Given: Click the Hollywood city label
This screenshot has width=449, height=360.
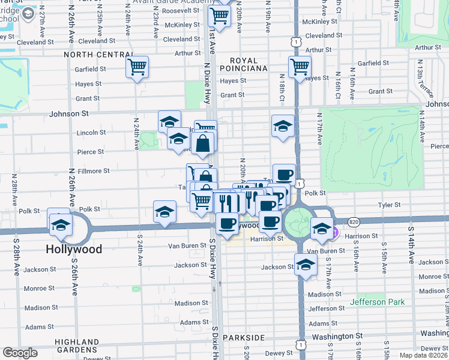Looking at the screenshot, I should pos(75,248).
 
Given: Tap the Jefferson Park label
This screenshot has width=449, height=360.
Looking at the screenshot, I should pos(377,302).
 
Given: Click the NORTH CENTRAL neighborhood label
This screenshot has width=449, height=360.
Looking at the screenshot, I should pos(97,54).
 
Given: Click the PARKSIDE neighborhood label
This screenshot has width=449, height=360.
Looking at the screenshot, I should pos(243,338).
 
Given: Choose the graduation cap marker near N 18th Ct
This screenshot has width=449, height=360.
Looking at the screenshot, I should pos(283,125).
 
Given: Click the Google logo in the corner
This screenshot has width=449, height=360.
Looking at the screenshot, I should pos(20,353).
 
